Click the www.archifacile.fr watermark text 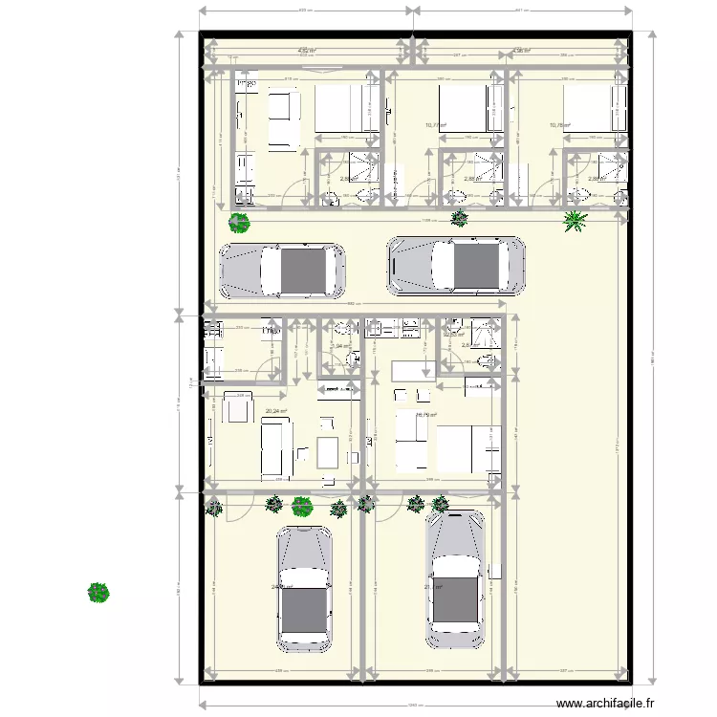click(607, 705)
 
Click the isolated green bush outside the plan click(98, 594)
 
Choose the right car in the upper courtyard click(456, 264)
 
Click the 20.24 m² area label click(276, 411)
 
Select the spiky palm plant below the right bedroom click(575, 222)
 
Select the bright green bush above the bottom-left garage click(303, 506)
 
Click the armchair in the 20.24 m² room click(236, 408)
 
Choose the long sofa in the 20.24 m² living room click(276, 448)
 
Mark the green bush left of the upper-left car click(238, 224)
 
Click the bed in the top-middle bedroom click(470, 108)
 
